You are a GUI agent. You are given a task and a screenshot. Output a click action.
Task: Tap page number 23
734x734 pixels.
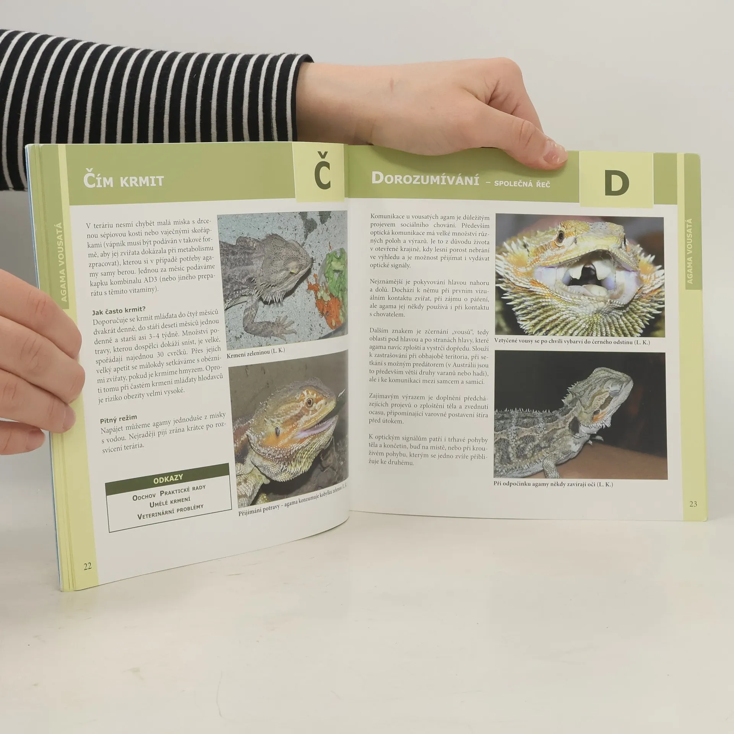coord(693,504)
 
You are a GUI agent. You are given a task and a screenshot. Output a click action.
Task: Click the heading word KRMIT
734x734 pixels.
coord(142,180)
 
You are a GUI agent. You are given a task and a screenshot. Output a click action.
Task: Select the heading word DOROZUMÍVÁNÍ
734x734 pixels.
coord(425,179)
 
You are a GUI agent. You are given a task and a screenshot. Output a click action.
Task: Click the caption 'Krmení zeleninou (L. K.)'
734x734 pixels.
coord(256,350)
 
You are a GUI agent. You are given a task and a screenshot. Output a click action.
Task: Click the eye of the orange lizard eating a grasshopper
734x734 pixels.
coord(309,403)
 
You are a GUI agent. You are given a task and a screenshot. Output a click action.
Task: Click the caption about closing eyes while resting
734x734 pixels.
coord(553,484)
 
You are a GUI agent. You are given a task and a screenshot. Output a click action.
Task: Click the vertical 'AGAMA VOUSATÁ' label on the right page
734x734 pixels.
coord(690,251)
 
